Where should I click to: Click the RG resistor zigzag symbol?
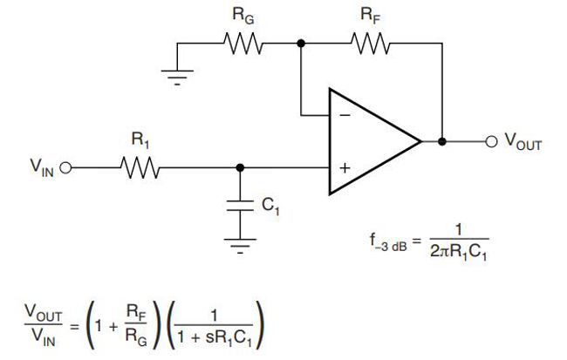click(x=243, y=44)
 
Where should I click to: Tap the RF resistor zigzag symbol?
click(x=371, y=44)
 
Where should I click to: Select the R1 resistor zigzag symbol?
click(x=140, y=167)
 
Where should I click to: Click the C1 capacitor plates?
click(x=240, y=205)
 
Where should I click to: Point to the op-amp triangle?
click(x=374, y=141)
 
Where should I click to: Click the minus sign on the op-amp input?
click(x=345, y=115)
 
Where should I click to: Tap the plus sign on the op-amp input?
click(x=345, y=168)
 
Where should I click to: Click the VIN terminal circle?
click(x=65, y=167)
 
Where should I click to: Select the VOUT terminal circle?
click(x=491, y=141)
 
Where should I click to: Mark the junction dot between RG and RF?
click(x=301, y=44)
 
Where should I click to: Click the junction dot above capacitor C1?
click(x=240, y=167)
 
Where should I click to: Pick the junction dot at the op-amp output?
click(x=442, y=141)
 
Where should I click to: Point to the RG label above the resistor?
click(x=243, y=16)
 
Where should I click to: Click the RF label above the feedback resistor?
click(x=371, y=16)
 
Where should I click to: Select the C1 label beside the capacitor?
click(x=270, y=207)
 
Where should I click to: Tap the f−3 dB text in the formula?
click(x=388, y=241)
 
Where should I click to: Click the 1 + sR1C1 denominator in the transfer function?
click(x=214, y=338)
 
